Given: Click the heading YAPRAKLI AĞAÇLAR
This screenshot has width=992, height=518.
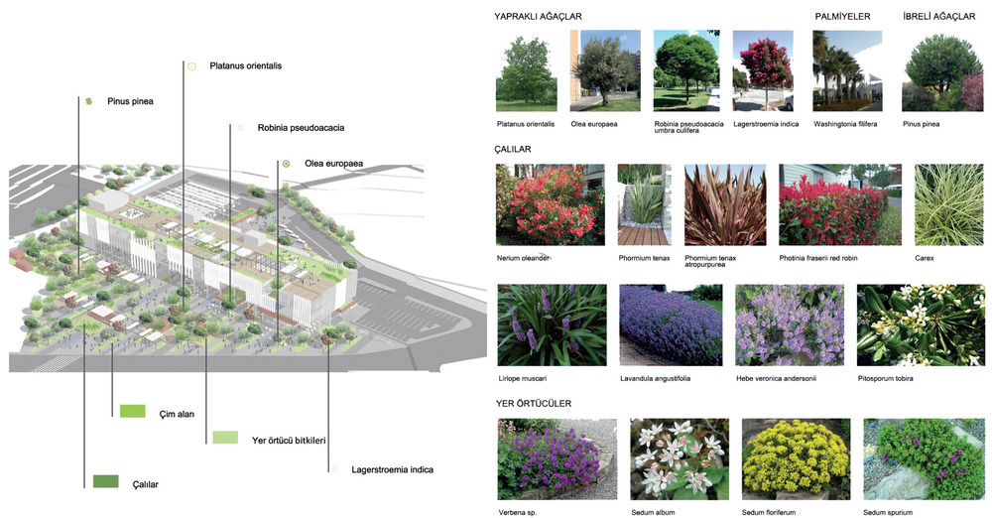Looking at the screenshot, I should tap(539, 17).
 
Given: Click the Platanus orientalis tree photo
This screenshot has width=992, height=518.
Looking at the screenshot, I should tap(526, 70).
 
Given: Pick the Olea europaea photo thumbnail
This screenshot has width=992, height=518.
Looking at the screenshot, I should tap(605, 70).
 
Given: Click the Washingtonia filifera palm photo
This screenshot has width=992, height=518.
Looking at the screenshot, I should tap(847, 70).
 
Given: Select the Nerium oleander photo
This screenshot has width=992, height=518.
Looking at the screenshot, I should tap(550, 204).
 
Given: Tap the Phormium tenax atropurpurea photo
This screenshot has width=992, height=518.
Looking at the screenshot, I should tap(724, 204).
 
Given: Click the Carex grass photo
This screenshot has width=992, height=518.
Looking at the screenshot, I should tap(947, 204).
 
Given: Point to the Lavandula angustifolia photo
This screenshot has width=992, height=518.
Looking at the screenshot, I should tap(671, 325).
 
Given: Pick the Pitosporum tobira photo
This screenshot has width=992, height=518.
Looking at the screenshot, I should tap(920, 325).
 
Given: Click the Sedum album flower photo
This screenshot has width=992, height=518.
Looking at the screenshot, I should tap(680, 458).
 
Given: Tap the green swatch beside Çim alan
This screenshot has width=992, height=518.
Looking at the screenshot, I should tap(132, 410).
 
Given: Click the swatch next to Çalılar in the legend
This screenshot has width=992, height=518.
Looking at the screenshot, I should tap(105, 481).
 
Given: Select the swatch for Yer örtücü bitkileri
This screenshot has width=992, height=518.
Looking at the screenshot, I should tap(225, 437).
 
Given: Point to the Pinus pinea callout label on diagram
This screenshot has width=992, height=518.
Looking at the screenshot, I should tap(130, 101).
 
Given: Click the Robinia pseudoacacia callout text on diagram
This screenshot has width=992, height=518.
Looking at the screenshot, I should tap(301, 128).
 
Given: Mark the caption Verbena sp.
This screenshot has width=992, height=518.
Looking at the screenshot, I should tap(519, 512).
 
